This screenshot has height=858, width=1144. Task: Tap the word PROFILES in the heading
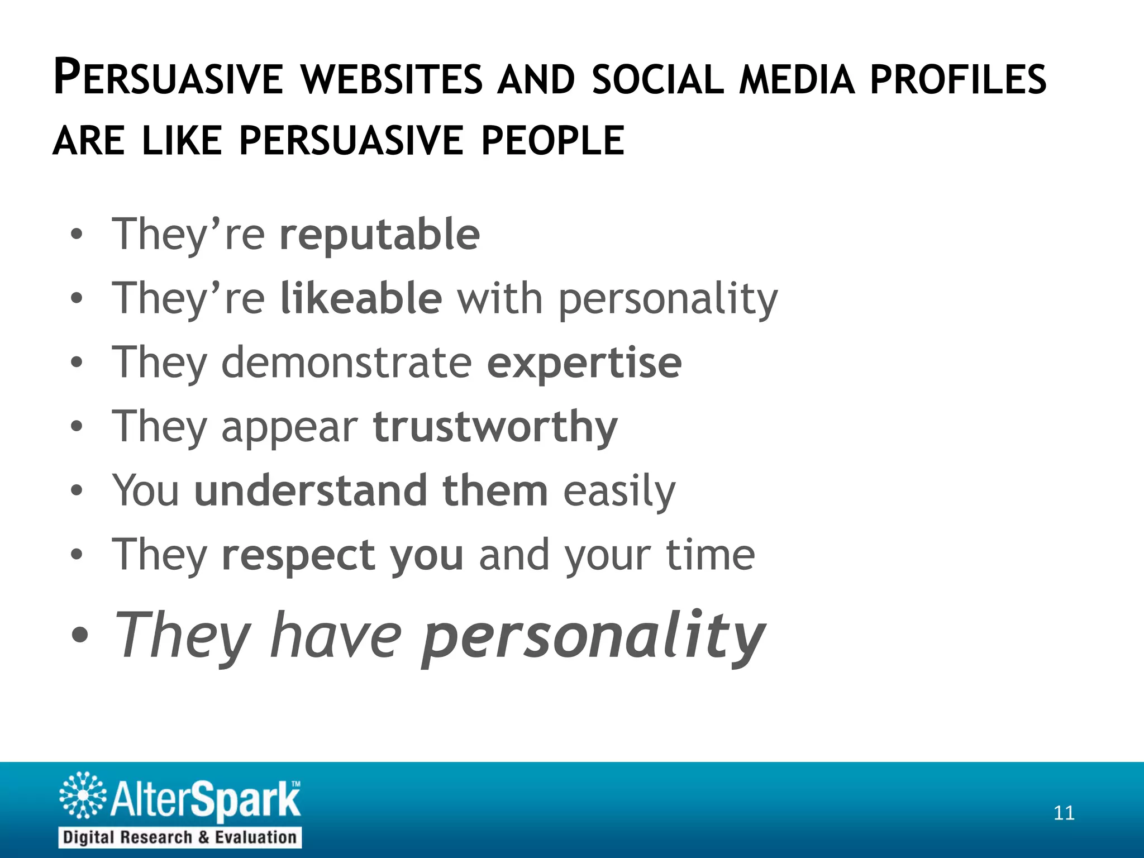tap(958, 79)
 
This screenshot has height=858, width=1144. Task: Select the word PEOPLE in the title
tap(552, 140)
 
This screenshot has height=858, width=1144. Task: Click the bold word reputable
tap(380, 235)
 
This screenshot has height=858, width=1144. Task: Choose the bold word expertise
tap(584, 363)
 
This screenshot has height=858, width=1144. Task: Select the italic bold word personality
tap(593, 637)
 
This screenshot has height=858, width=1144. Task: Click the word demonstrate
tap(347, 362)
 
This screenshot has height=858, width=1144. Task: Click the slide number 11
tap(1064, 813)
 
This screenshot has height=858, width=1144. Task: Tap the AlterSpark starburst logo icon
tap(83, 795)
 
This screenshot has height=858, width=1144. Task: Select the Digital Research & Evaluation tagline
tap(180, 837)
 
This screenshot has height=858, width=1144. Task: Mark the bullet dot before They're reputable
tap(77, 235)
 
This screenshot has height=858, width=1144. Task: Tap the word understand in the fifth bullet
tap(311, 490)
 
